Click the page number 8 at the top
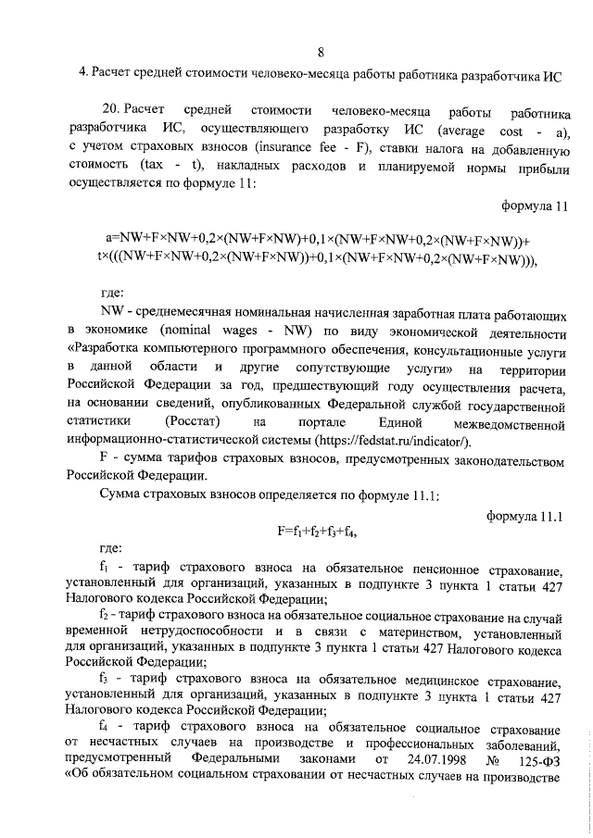tap(320, 51)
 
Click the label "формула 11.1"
tap(525, 515)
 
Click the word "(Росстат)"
tap(193, 424)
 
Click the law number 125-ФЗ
tap(538, 759)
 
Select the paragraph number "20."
tap(114, 114)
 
